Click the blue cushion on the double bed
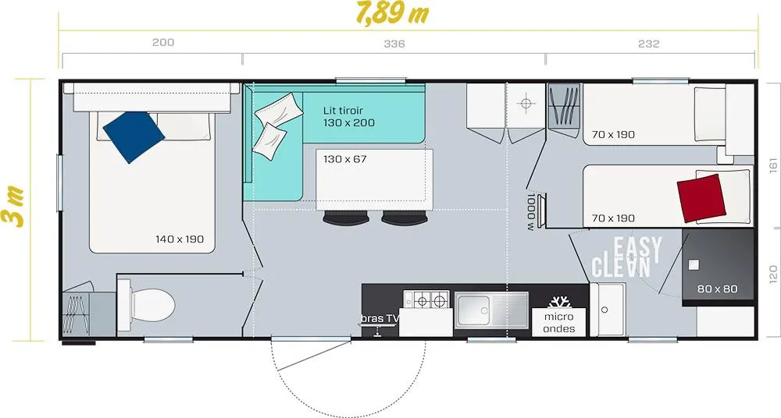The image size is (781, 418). (x=134, y=136)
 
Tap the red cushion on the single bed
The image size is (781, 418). (x=701, y=198)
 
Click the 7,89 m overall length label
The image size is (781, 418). (x=393, y=13)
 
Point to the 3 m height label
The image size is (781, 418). (x=13, y=207)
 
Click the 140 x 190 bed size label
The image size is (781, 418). (x=180, y=239)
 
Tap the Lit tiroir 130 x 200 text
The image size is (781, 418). (x=348, y=116)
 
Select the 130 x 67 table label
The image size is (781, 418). (x=344, y=159)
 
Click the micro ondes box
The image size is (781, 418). (x=559, y=322)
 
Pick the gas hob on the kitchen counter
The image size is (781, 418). (x=426, y=299)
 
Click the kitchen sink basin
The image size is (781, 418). (x=473, y=310)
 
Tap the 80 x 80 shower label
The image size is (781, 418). (x=717, y=289)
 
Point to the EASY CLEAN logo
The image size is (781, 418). (x=626, y=257)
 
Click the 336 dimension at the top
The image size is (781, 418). (x=394, y=44)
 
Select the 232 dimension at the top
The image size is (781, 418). (x=648, y=44)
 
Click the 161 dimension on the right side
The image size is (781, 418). (x=773, y=165)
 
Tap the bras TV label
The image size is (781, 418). (x=380, y=318)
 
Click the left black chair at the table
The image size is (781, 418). (x=346, y=218)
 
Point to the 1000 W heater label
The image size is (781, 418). (x=531, y=212)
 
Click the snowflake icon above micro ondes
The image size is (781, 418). (x=559, y=302)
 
